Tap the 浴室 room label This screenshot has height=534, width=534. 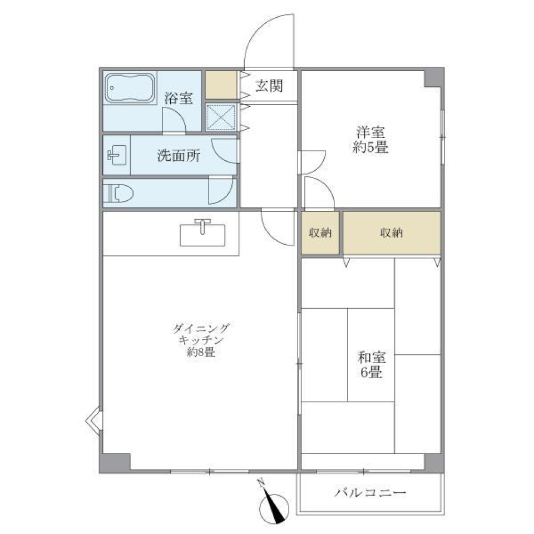(179, 98)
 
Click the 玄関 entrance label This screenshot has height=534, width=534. (269, 86)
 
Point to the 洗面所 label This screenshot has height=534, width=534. (178, 156)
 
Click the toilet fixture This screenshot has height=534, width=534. (120, 193)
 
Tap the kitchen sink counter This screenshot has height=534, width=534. (203, 232)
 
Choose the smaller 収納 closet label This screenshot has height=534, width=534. (320, 234)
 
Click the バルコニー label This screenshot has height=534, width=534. (370, 493)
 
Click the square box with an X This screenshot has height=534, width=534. (221, 117)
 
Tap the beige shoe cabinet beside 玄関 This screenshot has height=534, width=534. (221, 85)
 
